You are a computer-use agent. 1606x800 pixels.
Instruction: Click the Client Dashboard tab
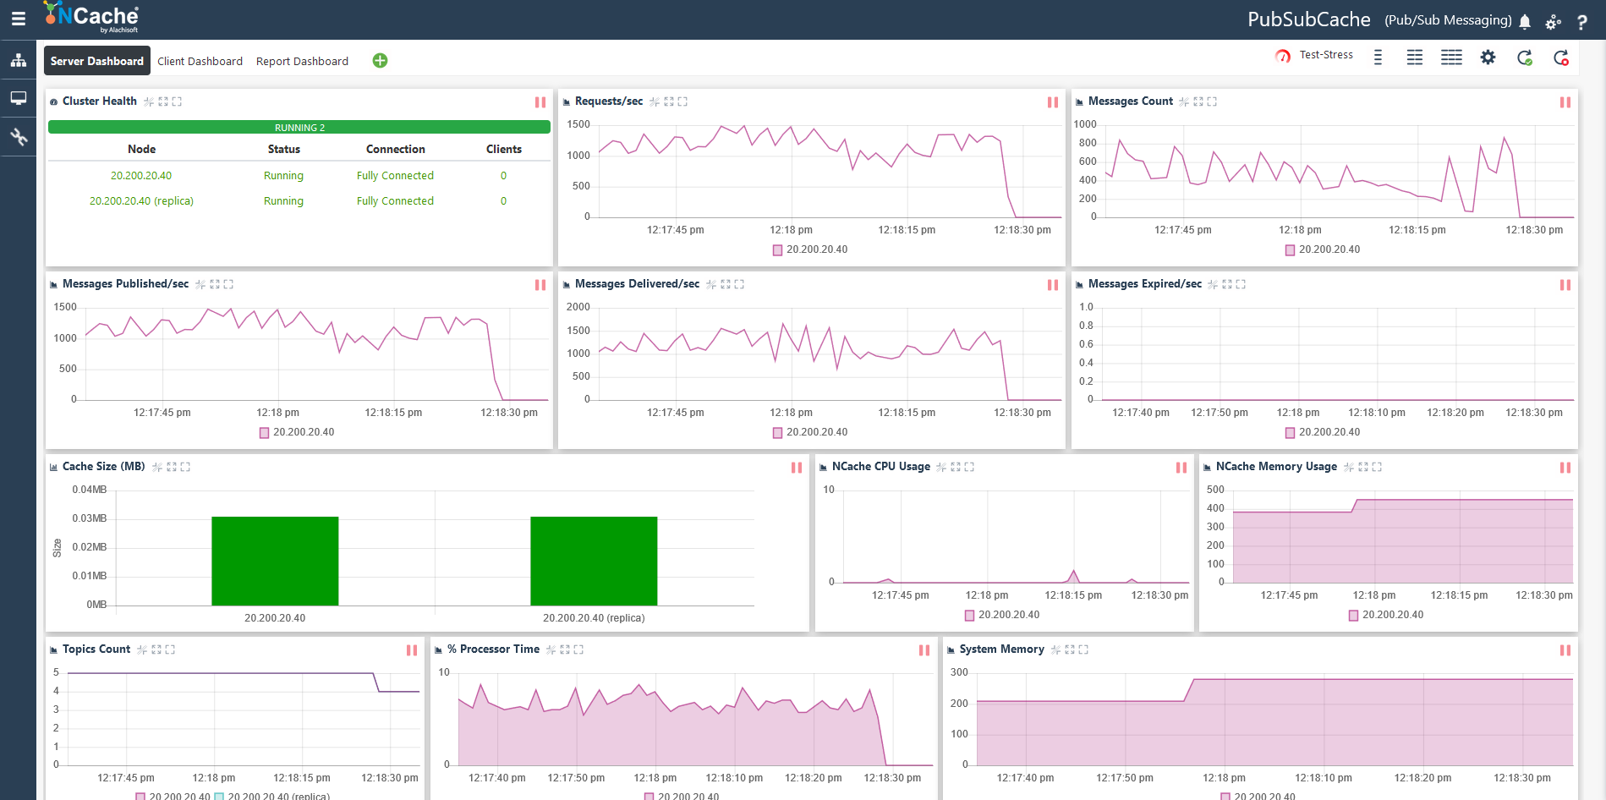pos(200,61)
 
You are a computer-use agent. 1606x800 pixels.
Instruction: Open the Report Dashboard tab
pos(302,61)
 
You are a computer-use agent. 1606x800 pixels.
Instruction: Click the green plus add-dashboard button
pos(380,61)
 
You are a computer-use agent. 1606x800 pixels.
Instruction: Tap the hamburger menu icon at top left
pos(18,19)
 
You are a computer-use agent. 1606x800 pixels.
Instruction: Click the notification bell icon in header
pos(1525,21)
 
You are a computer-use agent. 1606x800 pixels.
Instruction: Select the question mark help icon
pos(1581,22)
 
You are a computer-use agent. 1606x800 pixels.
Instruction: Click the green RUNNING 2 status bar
pos(299,128)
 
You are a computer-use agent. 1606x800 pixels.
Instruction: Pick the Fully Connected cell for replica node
pos(395,201)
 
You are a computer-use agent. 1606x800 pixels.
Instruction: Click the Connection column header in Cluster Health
pos(395,149)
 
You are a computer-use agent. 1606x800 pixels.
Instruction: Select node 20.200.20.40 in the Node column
pos(141,176)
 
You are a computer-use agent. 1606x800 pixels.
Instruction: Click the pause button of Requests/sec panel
pos(1053,102)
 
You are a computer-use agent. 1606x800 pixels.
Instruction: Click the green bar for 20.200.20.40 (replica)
pos(594,561)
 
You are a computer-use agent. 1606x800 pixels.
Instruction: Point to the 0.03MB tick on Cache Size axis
pos(90,518)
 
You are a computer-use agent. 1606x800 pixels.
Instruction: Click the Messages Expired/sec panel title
pos(1144,284)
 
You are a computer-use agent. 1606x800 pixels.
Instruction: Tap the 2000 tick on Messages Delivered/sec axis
pos(578,307)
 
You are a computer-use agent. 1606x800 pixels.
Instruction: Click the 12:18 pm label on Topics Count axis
pos(214,778)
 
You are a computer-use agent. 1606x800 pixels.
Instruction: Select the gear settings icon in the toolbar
pos(1488,58)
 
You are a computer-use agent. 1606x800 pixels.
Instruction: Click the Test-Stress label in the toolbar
pos(1325,55)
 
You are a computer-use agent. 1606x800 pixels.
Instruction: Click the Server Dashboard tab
pos(97,61)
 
